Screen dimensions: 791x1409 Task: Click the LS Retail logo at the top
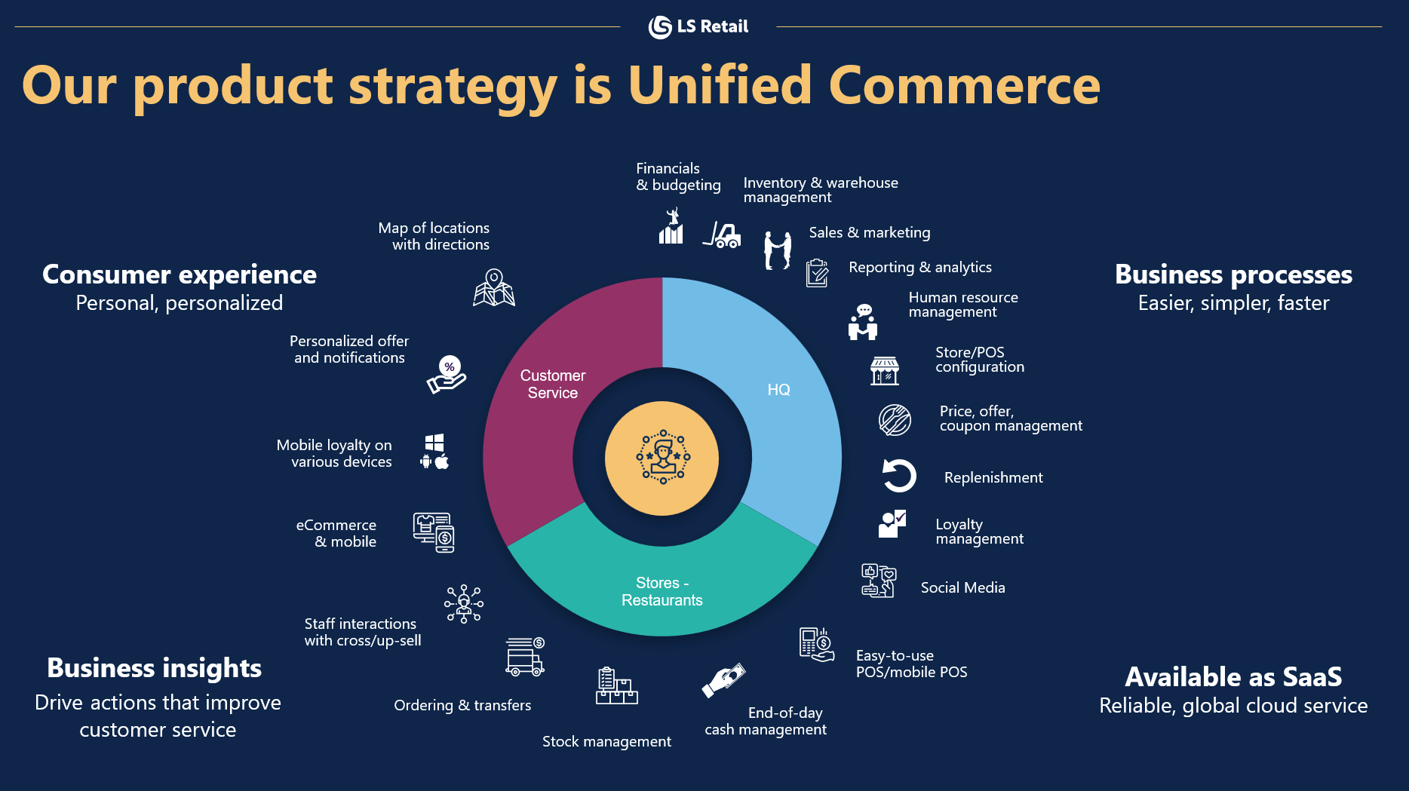point(698,27)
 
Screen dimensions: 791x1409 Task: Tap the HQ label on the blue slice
point(778,390)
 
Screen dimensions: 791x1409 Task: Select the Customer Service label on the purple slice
point(553,384)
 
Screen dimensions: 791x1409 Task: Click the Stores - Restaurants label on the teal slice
point(662,592)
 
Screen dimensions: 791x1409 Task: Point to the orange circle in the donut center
point(662,458)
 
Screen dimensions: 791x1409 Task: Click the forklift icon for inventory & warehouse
point(723,235)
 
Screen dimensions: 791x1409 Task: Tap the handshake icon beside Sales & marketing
point(778,250)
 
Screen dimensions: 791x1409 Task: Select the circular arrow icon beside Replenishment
point(898,476)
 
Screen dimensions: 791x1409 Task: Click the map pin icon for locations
point(494,288)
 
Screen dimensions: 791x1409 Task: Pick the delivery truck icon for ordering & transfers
point(525,656)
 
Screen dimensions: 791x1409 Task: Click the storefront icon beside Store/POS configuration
point(884,371)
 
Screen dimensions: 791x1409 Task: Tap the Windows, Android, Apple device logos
point(434,452)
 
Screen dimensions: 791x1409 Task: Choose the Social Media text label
point(962,587)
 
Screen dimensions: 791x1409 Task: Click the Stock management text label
point(606,741)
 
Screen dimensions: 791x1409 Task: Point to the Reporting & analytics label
point(919,267)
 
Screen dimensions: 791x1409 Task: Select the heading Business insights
point(154,668)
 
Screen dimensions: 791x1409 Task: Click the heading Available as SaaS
point(1233,676)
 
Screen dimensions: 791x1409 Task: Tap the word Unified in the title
point(720,84)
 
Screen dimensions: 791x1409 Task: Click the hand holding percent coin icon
point(447,375)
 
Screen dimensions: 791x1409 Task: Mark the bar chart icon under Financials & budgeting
point(671,228)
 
